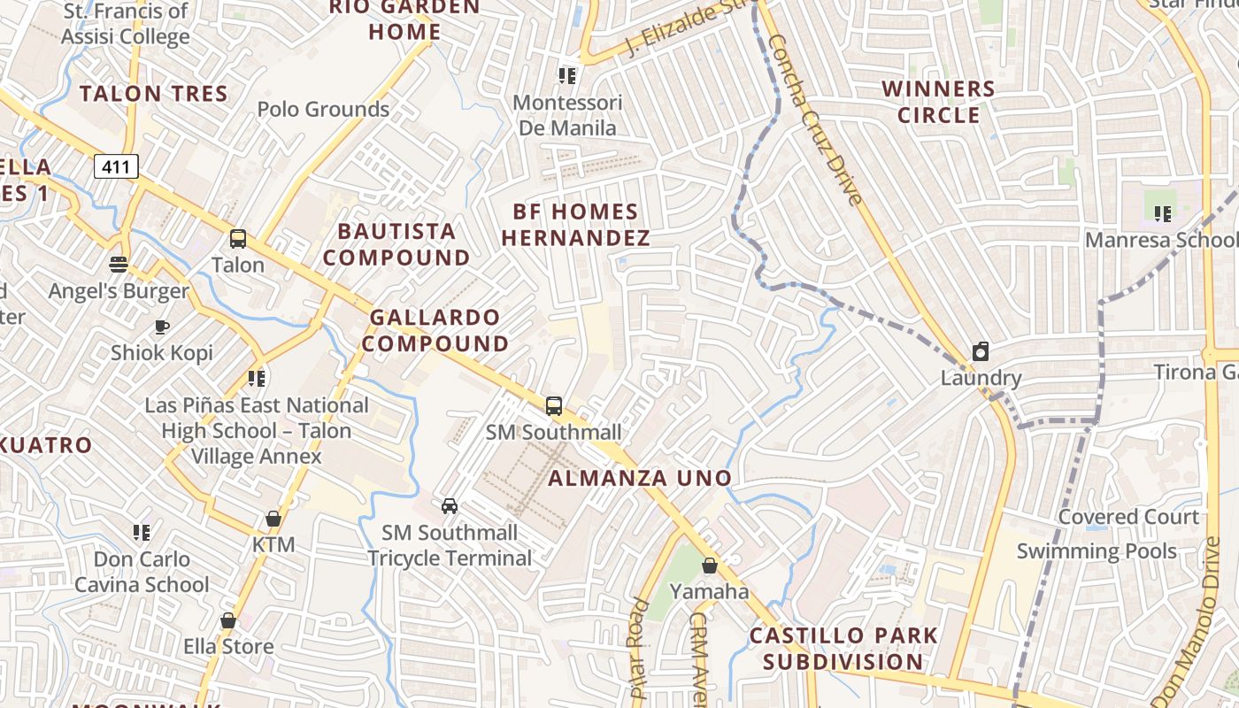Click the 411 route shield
(x=117, y=166)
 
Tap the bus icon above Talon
(x=238, y=238)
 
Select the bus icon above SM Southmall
(x=554, y=406)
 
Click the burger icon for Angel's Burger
(x=119, y=264)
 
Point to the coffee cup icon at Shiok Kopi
(x=162, y=327)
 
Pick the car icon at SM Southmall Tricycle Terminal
(x=450, y=506)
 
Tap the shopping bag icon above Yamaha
(x=709, y=565)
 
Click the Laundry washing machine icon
(x=981, y=352)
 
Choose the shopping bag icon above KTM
(x=273, y=519)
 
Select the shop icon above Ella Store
(x=228, y=620)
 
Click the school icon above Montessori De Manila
(x=567, y=76)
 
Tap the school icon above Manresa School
(x=1163, y=213)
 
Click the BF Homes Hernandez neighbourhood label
(x=576, y=225)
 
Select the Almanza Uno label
(x=640, y=479)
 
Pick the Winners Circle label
(x=939, y=102)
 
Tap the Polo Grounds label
(x=323, y=110)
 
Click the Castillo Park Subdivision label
(x=843, y=649)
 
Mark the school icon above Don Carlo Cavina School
(x=142, y=533)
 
